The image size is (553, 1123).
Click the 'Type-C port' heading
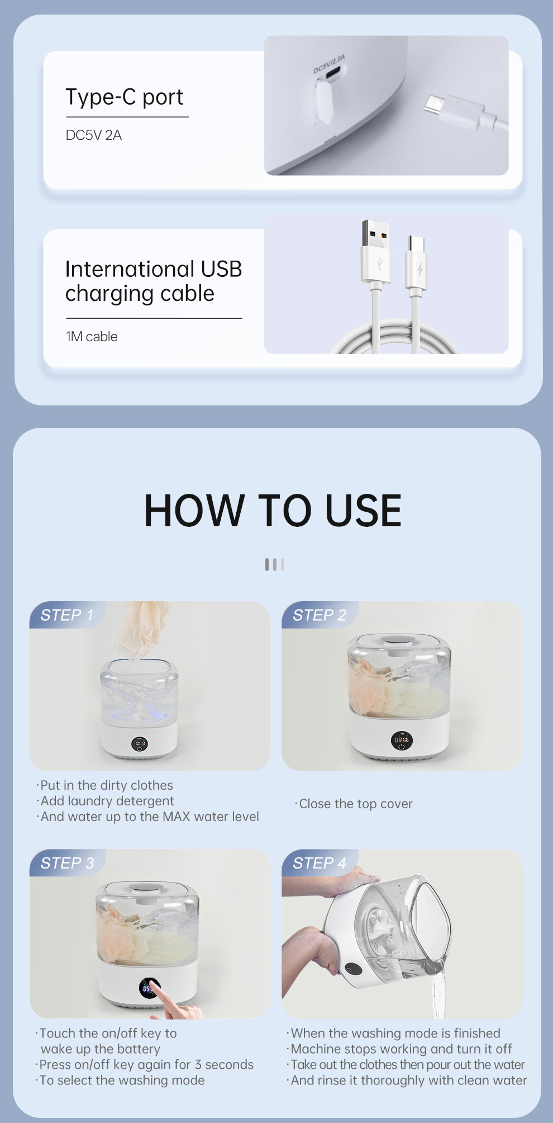click(125, 97)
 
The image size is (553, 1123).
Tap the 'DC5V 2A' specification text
click(94, 135)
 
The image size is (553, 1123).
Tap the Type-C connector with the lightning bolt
click(416, 262)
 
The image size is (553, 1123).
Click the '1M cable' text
click(92, 337)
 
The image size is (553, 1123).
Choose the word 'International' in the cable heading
click(130, 269)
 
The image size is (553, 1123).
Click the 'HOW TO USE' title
click(273, 511)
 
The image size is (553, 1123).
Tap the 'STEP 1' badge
click(66, 615)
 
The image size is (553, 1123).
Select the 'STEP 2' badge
click(320, 615)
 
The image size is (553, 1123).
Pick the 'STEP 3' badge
click(67, 863)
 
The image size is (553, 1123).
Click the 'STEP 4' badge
click(320, 863)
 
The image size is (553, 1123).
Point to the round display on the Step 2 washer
click(402, 740)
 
